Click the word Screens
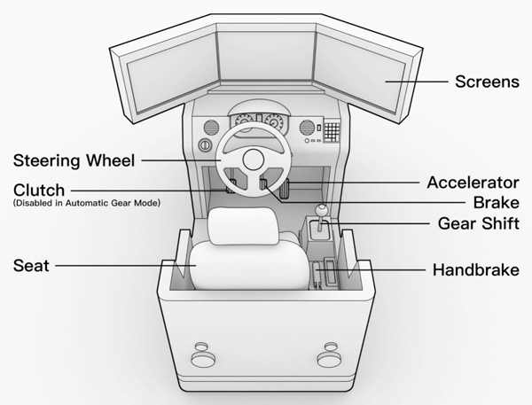tap(487, 82)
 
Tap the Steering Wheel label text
tap(73, 161)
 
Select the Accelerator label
tap(472, 183)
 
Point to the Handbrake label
tap(474, 269)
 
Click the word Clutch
tap(39, 190)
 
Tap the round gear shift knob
tap(321, 212)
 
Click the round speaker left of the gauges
tap(212, 126)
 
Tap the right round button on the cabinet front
tap(332, 360)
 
